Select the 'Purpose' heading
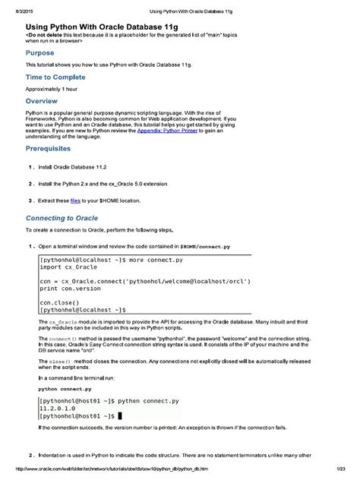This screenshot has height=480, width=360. click(x=40, y=53)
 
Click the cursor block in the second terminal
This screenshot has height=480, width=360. click(x=120, y=416)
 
